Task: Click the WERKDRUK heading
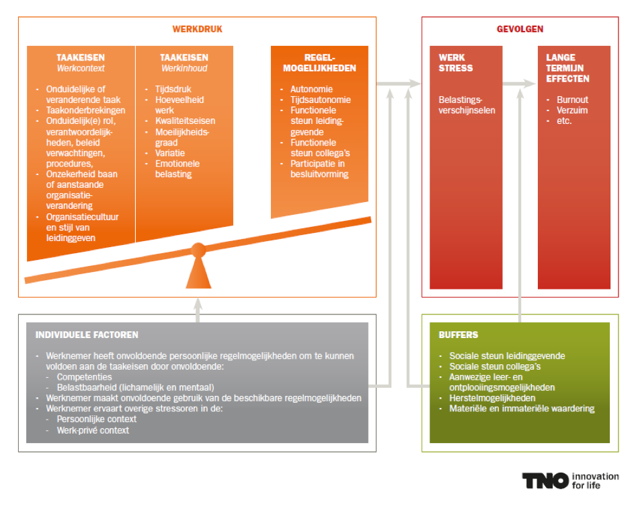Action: click(197, 29)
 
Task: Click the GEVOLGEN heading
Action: click(520, 29)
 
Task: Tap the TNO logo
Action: click(545, 481)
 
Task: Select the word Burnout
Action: click(572, 100)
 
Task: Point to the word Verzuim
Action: click(571, 110)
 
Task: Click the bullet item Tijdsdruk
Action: click(173, 89)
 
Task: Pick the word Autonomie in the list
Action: click(311, 89)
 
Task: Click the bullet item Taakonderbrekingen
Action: click(85, 110)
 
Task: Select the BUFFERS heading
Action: click(459, 335)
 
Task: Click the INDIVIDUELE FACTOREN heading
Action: click(87, 335)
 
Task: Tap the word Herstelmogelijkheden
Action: click(492, 398)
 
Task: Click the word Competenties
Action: click(84, 377)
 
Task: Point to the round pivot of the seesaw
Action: click(198, 250)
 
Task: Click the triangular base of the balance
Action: click(198, 273)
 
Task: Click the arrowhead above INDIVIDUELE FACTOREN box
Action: click(198, 304)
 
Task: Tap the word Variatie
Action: click(170, 153)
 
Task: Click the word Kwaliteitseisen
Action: click(185, 121)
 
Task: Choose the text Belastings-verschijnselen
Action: click(467, 105)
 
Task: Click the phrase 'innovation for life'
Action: click(595, 481)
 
